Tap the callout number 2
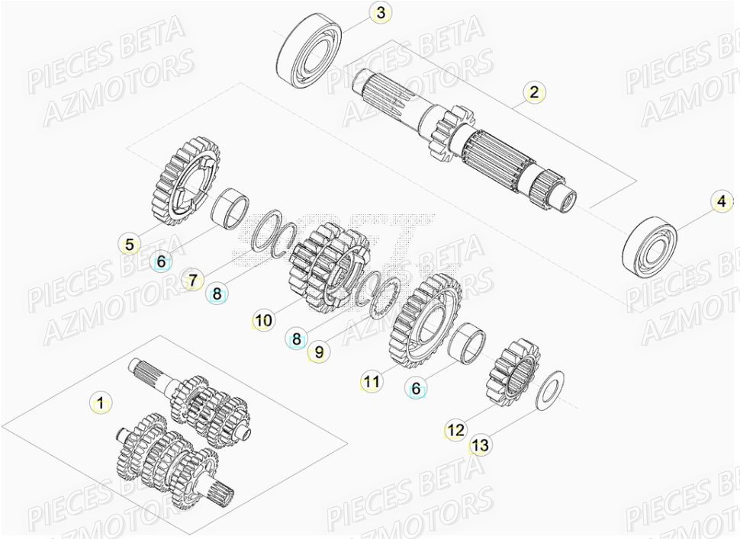[x=535, y=92]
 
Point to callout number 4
[x=721, y=203]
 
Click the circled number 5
[x=130, y=244]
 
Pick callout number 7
[x=193, y=280]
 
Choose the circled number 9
[x=320, y=351]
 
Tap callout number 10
[x=263, y=321]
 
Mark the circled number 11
[x=372, y=381]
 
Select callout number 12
[x=455, y=429]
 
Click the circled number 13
[x=480, y=445]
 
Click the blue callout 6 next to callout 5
[x=161, y=261]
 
